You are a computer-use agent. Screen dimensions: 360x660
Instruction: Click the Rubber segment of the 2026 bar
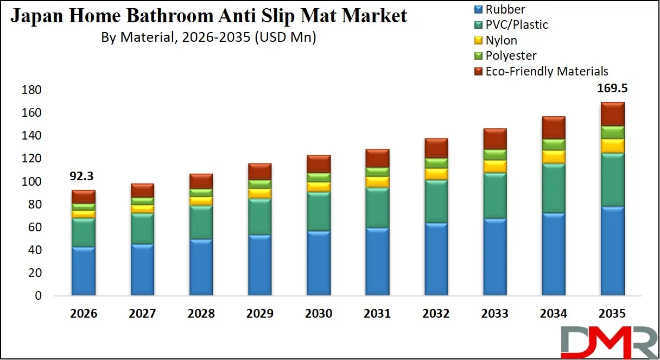pos(84,270)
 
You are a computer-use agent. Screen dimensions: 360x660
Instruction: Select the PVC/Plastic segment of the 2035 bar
pos(612,180)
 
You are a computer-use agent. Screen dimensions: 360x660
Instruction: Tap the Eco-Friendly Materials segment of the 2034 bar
pos(553,128)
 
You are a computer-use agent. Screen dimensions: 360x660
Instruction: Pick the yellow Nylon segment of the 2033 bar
pos(494,166)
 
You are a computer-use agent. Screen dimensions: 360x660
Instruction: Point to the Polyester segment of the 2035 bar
pos(612,132)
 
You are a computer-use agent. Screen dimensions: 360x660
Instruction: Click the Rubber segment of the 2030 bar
pos(319,263)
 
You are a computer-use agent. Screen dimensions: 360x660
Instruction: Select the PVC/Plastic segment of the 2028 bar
pos(201,223)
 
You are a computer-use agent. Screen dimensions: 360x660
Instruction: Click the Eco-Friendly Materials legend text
pos(547,71)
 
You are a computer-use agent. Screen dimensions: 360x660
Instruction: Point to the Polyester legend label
pos(511,55)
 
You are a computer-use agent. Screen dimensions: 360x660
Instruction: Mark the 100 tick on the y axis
pos(31,181)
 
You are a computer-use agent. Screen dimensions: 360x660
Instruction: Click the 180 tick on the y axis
pos(31,90)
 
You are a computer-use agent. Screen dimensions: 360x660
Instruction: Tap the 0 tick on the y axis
pos(38,296)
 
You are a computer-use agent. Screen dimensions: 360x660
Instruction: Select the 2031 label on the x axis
pos(377,314)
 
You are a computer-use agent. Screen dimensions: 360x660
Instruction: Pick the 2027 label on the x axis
pos(142,314)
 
